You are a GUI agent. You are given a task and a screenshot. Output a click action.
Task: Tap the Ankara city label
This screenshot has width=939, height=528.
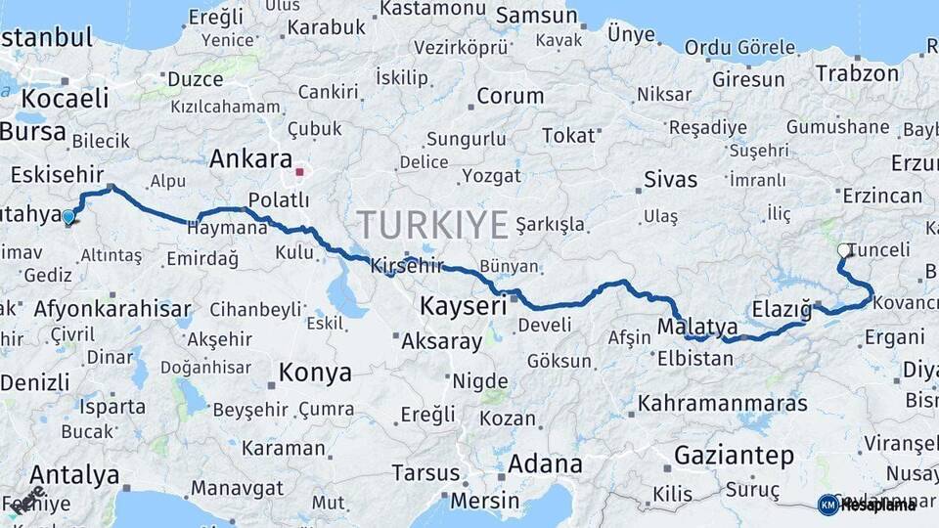pos(250,158)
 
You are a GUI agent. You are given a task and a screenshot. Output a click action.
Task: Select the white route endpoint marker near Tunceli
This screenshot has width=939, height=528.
pos(844,251)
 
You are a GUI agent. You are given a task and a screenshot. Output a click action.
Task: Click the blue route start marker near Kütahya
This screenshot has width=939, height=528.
pos(68,216)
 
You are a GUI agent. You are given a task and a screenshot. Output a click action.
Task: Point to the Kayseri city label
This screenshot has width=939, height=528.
pos(463,306)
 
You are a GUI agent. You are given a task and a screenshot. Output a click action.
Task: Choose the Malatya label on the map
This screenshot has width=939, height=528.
pos(697,326)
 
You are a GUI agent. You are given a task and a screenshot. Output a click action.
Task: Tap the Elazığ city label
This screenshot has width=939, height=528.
pos(782,311)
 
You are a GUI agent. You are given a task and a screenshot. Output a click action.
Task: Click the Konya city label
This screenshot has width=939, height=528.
pos(315,373)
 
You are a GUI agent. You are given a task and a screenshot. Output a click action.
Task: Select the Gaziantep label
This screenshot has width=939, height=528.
pos(734,455)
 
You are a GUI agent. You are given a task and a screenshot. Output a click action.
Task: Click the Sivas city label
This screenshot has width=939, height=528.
pos(671,179)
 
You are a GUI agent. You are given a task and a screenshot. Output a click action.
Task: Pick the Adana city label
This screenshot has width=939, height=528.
pos(545,463)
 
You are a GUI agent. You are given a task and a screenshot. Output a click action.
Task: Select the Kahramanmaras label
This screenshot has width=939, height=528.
pos(723,403)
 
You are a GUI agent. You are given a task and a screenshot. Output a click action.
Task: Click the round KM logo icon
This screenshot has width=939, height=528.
pos(827,505)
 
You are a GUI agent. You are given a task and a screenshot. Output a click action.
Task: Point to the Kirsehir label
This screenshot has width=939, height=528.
pos(407,265)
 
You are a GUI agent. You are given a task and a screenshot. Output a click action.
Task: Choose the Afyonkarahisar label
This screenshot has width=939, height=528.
pos(112,309)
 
